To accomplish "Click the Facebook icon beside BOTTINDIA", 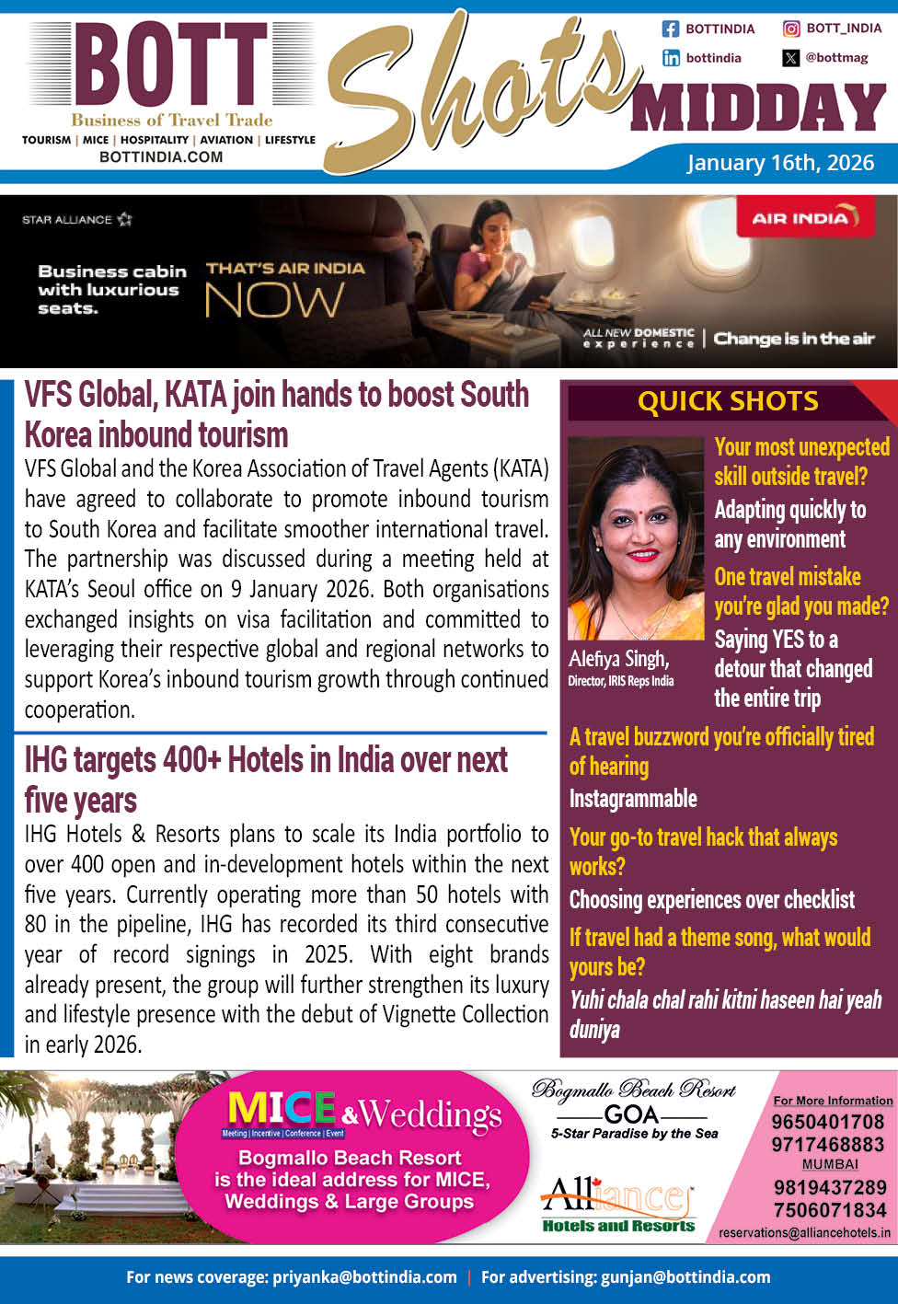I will [671, 29].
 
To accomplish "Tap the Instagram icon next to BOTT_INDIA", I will [790, 29].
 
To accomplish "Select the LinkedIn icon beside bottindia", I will [671, 58].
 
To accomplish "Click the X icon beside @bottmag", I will [790, 58].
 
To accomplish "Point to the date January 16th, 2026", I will [780, 163].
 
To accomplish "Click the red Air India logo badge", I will [804, 218].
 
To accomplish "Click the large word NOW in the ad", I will [274, 301].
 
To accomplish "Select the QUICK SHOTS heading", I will [727, 401].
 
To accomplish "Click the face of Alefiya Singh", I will [632, 534].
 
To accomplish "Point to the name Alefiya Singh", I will [618, 659].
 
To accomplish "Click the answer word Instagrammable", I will [633, 799].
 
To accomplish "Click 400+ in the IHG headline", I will [191, 761].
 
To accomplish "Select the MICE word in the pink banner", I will [281, 1109].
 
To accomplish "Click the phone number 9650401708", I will [827, 1122].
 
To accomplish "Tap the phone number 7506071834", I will [829, 1210].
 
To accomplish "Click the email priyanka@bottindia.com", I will [364, 1277].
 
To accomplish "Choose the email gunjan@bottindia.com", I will [685, 1277].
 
